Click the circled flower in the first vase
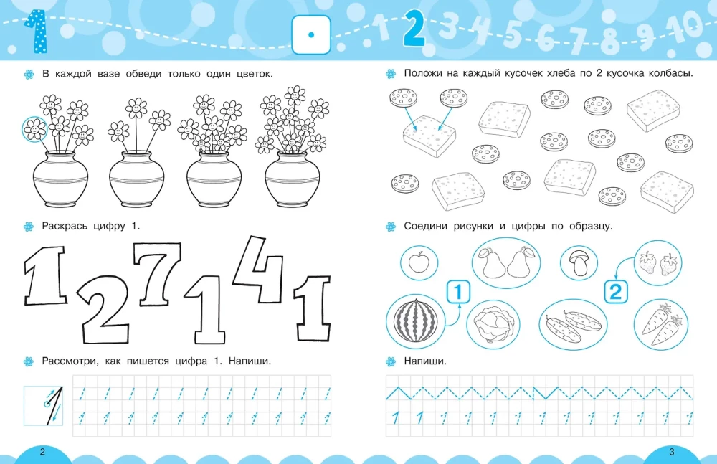(x=34, y=130)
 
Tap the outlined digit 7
(x=158, y=273)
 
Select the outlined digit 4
(x=259, y=269)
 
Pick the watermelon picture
(x=416, y=321)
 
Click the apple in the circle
(x=419, y=262)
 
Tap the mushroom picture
(x=579, y=262)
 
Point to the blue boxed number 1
(x=458, y=292)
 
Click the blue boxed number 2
(x=616, y=292)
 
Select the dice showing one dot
(x=311, y=34)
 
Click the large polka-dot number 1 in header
(x=36, y=32)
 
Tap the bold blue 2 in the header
(x=414, y=28)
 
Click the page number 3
(x=672, y=452)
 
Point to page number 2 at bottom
(x=42, y=452)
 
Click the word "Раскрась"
(x=60, y=226)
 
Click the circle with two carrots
(x=661, y=324)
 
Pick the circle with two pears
(x=506, y=262)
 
